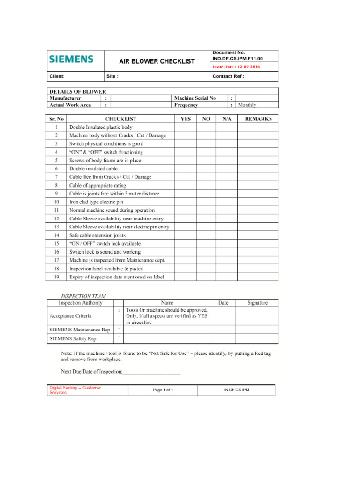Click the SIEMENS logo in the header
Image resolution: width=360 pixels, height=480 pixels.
pos(71,60)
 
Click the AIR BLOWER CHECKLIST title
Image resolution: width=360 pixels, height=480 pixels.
pos(157,61)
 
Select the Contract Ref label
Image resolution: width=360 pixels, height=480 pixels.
pos(228,76)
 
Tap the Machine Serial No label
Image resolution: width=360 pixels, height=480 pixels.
pos(195,98)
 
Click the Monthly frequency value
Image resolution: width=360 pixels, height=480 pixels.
pos(247,105)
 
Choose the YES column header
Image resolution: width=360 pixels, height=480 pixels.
pos(186,119)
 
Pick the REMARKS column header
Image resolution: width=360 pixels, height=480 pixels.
pos(258,119)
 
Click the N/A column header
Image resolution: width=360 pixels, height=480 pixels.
pos(226,119)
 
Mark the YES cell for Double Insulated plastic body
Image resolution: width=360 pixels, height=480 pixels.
pos(186,127)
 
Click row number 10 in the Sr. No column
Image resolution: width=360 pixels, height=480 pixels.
pos(56,202)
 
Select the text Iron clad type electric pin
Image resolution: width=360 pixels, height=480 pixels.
pos(96,202)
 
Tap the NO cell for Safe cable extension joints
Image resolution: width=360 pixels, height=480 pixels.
pos(206,235)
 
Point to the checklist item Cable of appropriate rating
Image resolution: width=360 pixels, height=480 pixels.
pos(97,185)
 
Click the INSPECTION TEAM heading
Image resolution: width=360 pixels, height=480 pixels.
pos(83,296)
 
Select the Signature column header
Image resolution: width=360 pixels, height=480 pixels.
pos(257,303)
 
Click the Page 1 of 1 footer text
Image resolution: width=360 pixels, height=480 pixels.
pos(163,390)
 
